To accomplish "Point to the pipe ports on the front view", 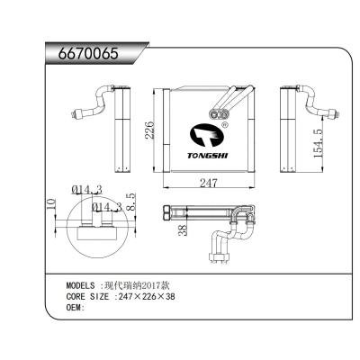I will (x=219, y=113).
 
